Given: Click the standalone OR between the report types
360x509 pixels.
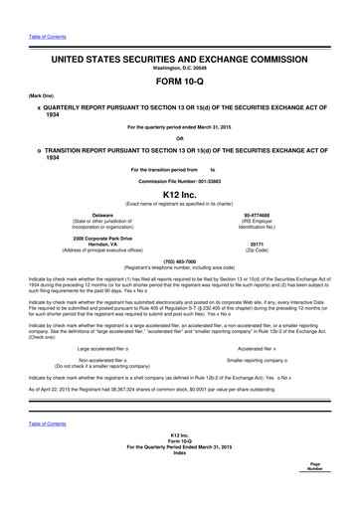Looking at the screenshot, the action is [x=180, y=136].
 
